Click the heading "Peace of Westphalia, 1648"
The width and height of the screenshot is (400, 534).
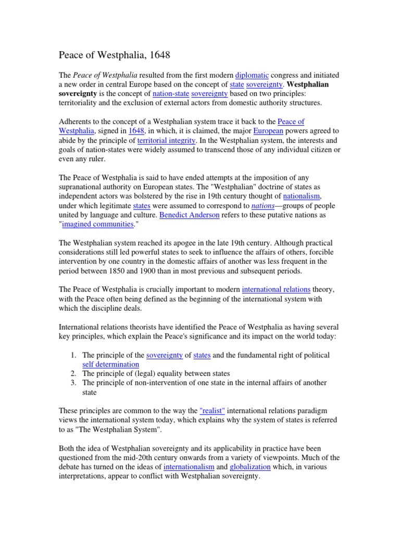114,54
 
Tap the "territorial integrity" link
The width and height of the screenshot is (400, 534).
167,140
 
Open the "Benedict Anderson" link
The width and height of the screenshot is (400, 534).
190,215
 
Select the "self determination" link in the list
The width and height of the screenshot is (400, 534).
111,364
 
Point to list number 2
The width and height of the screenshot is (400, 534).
73,373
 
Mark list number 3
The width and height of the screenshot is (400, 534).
73,383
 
